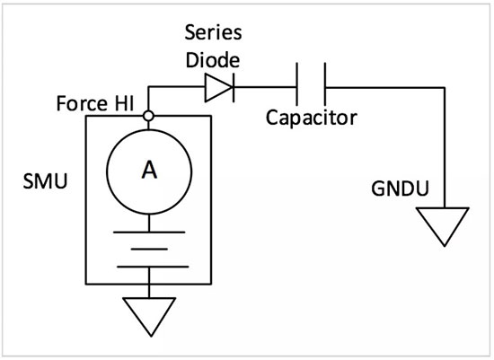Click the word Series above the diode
coord(213,32)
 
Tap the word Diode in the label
coord(213,59)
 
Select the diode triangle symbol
coord(218,87)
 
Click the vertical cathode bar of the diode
coord(234,87)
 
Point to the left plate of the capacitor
coord(296,83)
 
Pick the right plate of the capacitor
coord(325,83)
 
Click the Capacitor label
coord(312,119)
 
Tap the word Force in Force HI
coord(82,103)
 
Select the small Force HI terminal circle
coord(148,116)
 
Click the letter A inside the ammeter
coord(149,170)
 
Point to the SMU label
coord(46,181)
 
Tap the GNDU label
coord(400,189)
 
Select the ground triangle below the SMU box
coord(150,316)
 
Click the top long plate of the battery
coord(149,233)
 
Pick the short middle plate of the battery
coord(149,250)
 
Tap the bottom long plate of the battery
coord(153,267)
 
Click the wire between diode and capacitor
coord(265,87)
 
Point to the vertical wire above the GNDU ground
coord(445,147)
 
